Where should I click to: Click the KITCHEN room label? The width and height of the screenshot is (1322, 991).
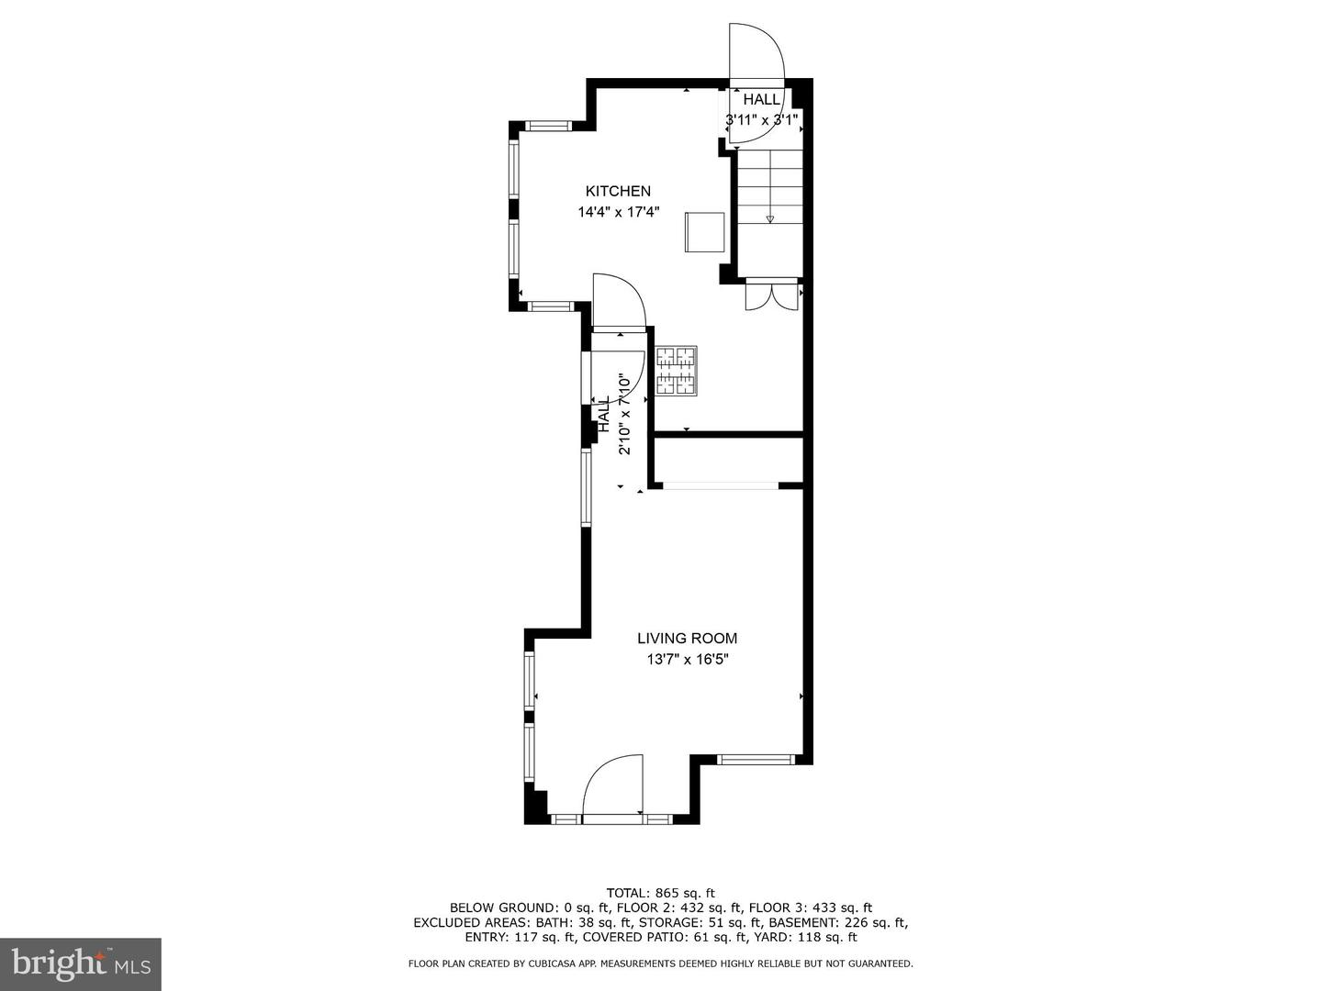618,191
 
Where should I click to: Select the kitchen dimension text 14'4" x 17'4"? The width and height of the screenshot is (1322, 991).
618,212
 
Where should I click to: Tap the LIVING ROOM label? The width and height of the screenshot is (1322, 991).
687,639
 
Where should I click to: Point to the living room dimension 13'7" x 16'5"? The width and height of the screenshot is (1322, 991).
687,659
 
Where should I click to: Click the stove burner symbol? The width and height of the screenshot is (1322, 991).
676,372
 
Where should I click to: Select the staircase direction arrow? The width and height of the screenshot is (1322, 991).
769,218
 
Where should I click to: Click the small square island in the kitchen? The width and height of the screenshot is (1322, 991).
704,231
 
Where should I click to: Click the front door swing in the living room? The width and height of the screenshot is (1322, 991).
613,785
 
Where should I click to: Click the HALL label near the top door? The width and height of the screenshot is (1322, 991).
761,99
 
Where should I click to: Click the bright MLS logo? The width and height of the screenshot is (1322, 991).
80,963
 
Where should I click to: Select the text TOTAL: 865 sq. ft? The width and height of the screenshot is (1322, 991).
660,893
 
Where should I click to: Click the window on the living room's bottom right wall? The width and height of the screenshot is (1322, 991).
755,760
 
